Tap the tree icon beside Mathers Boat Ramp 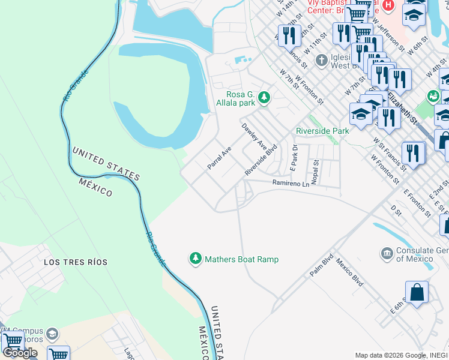point(195,259)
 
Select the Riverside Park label point(322,131)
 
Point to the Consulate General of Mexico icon point(387,254)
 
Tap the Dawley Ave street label point(255,137)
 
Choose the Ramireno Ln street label point(290,183)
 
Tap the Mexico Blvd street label point(350,272)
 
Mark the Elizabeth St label point(403,107)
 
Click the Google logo point(20,353)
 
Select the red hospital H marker point(388,5)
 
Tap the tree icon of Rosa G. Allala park point(264,97)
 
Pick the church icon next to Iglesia point(322,60)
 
